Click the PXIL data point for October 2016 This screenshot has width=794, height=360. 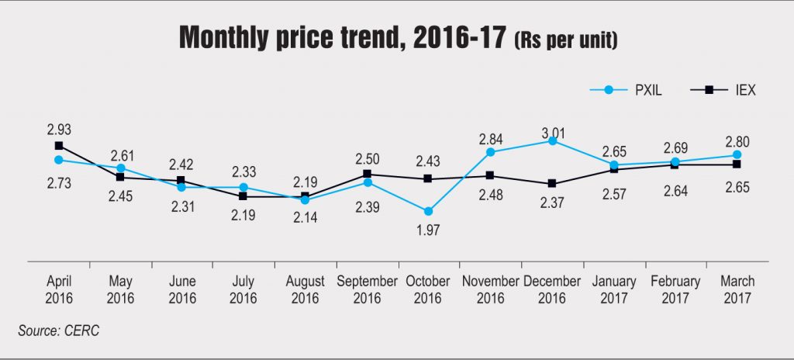(429, 211)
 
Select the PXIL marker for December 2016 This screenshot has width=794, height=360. (552, 141)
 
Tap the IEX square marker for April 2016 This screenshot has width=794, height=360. (59, 145)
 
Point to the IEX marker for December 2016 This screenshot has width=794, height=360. (552, 184)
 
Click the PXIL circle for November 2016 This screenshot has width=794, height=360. (490, 152)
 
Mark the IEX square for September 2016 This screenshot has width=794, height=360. (367, 174)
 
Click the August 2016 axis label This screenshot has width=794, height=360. (306, 289)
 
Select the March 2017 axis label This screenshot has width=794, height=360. (737, 289)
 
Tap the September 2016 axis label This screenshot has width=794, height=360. (367, 289)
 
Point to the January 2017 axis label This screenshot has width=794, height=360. (613, 289)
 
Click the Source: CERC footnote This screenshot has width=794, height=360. (59, 331)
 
